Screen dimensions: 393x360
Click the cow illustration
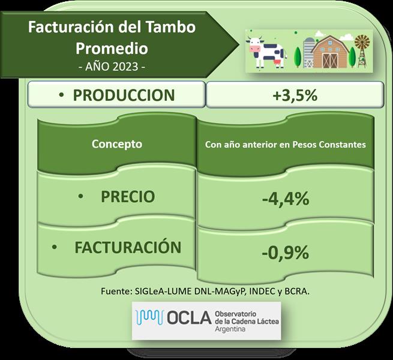267,52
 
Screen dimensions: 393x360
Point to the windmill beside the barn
362,51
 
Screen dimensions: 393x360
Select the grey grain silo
308,53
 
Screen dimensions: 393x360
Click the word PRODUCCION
124,95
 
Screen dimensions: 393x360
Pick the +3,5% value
295,95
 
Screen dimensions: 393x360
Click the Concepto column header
117,144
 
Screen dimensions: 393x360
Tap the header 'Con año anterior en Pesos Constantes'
285,145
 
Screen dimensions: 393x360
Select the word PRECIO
128,196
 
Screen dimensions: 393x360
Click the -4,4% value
286,199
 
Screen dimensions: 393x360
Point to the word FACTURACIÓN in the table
128,247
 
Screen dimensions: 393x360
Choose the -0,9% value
285,253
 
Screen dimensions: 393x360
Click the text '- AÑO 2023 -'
112,67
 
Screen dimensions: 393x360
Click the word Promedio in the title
112,49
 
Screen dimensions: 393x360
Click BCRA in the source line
297,292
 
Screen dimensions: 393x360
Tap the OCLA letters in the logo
189,318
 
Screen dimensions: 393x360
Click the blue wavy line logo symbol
149,317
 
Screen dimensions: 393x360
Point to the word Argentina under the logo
230,329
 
